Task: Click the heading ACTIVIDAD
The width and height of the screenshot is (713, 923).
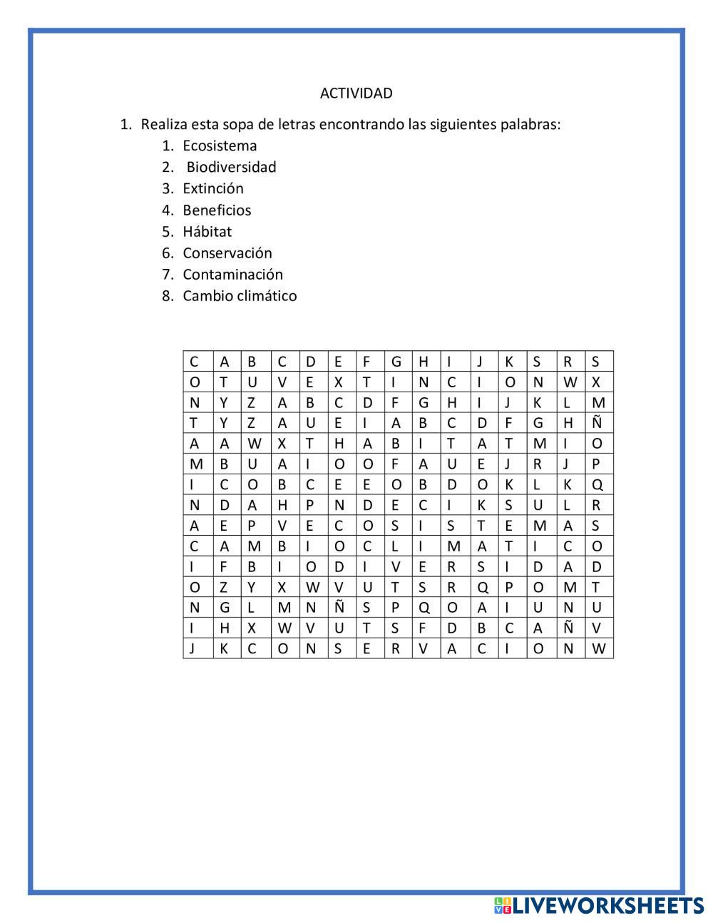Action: click(x=356, y=93)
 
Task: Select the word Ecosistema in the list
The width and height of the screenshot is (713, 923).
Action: click(x=220, y=146)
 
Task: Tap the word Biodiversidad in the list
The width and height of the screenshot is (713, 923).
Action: click(x=231, y=168)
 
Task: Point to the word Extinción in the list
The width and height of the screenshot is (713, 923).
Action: click(x=212, y=189)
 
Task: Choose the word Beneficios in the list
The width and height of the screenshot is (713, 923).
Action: click(x=217, y=210)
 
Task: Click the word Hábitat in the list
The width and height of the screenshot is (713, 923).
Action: click(x=207, y=232)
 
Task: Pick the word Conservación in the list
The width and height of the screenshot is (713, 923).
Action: click(x=227, y=253)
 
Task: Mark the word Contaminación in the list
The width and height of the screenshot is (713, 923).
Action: click(x=232, y=275)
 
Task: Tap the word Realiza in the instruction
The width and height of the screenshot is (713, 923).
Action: click(x=163, y=125)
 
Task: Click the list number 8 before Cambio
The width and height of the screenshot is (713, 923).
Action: click(x=167, y=296)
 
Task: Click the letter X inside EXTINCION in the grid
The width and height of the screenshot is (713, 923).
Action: click(x=339, y=382)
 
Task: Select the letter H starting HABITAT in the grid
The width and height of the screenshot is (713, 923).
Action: click(x=339, y=444)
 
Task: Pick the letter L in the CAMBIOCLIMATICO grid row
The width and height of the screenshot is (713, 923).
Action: click(x=394, y=546)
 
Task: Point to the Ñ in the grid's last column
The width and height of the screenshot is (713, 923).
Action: click(x=597, y=423)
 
